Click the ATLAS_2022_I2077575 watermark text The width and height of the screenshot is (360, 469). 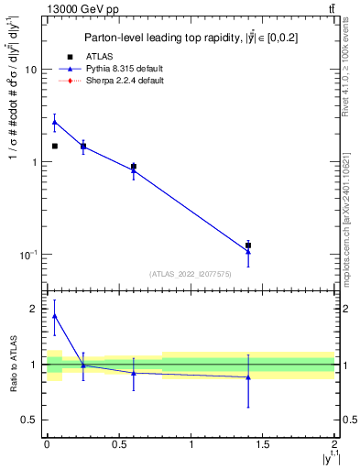click(191, 274)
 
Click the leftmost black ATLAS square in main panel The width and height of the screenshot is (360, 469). click(55, 146)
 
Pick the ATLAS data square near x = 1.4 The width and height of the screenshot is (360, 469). click(248, 245)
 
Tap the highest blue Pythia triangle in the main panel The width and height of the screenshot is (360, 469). click(55, 122)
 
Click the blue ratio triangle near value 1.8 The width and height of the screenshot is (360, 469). click(55, 316)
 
